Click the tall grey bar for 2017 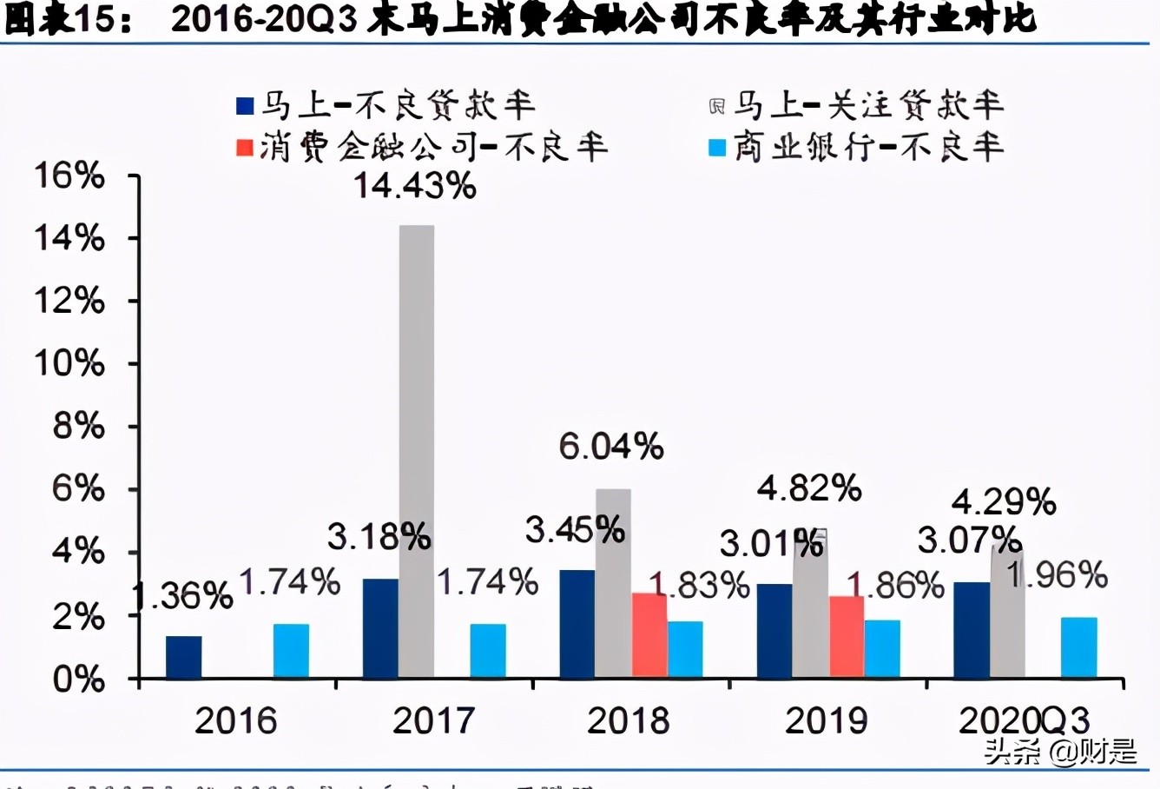click(x=417, y=452)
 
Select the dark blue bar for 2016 click(x=183, y=657)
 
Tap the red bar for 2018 click(x=649, y=635)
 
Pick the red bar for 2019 click(x=847, y=637)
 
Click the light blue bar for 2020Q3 click(x=1078, y=647)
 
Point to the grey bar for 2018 click(x=613, y=583)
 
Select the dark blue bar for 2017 click(x=380, y=628)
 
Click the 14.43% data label click(x=415, y=185)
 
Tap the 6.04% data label click(x=610, y=446)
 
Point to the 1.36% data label click(x=182, y=596)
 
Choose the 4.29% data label click(x=1004, y=501)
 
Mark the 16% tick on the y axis click(x=69, y=176)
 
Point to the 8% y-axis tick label click(x=78, y=427)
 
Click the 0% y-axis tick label click(x=78, y=680)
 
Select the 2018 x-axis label click(x=629, y=720)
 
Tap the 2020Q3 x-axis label click(x=1024, y=720)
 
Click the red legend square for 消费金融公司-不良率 click(x=245, y=148)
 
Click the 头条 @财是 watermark click(x=1060, y=751)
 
